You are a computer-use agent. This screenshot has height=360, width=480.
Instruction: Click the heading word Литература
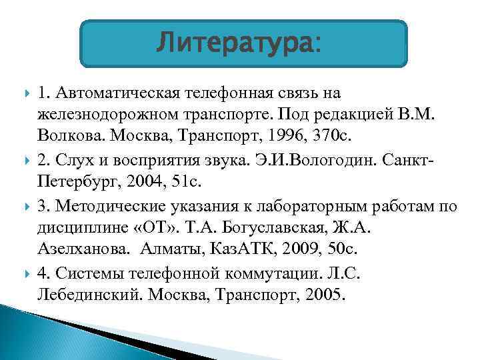point(237,45)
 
